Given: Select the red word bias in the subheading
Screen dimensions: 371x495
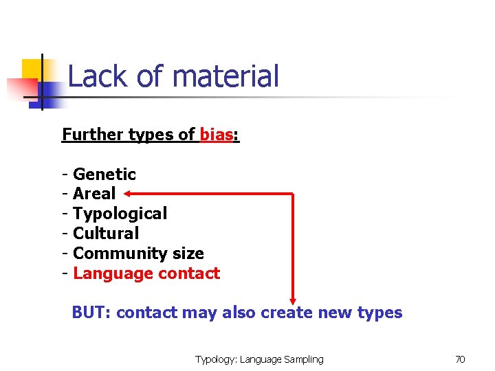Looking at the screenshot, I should (216, 134).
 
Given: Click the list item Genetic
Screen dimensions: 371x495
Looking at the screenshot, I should (104, 175).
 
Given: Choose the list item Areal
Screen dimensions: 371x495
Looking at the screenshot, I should (94, 194).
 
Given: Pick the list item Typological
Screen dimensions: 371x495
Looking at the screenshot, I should (120, 214).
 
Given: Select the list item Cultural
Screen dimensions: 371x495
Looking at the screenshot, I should (105, 234).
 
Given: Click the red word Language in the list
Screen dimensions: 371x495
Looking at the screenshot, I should (113, 273).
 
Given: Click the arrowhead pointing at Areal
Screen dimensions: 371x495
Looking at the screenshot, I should (129, 194).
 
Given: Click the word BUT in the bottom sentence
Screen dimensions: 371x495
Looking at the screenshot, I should (92, 313).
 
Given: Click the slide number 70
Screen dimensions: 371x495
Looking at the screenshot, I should (460, 359).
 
